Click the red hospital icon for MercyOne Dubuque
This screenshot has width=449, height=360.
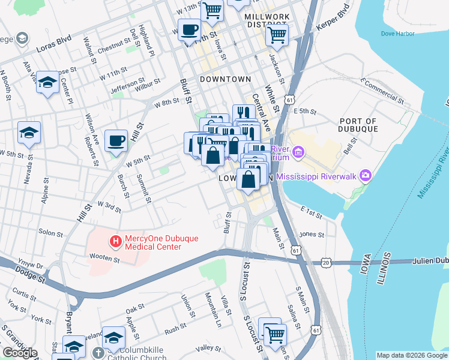[115, 242]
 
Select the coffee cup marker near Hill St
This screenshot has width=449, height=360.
[116, 141]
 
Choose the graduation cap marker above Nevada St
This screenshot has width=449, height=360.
[29, 134]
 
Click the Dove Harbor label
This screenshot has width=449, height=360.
[397, 34]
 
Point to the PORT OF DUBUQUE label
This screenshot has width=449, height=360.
[359, 125]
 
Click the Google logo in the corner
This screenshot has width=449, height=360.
[20, 353]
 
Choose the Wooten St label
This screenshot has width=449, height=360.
[100, 258]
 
